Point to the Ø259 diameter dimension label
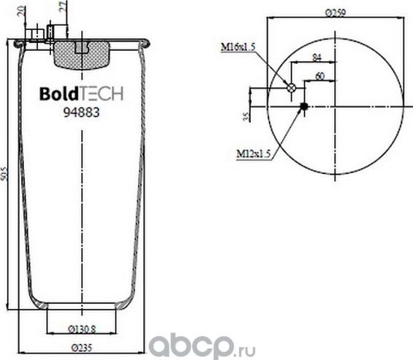(x=334, y=12)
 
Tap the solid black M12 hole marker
(x=304, y=108)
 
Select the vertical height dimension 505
(x=6, y=175)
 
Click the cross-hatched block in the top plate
(x=81, y=53)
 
